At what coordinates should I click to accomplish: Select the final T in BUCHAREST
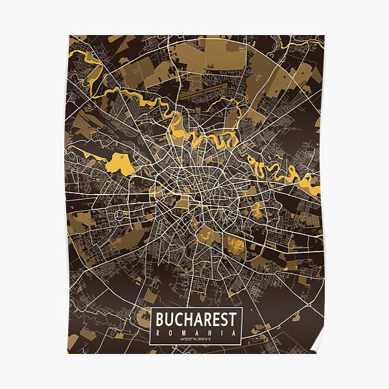236,320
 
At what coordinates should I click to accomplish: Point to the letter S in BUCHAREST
226,320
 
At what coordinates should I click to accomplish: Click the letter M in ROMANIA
184,332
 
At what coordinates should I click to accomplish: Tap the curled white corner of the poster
317,344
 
